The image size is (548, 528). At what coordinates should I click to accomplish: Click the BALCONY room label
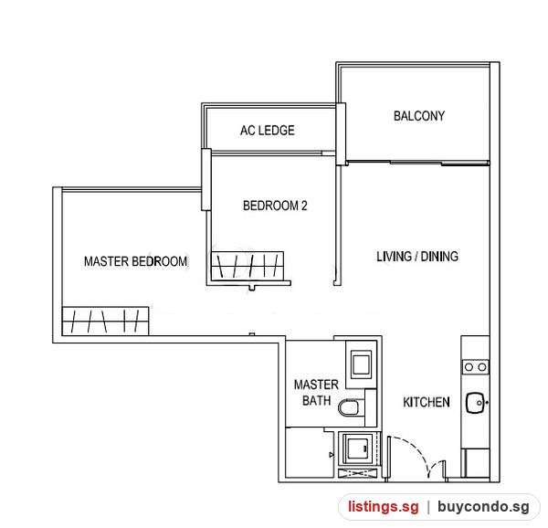(x=419, y=116)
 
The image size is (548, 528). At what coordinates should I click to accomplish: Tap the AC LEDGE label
(x=268, y=131)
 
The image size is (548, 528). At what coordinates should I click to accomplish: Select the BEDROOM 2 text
(x=275, y=206)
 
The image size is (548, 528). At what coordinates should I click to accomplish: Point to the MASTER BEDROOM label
(x=135, y=261)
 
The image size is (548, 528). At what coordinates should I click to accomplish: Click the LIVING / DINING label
(x=417, y=257)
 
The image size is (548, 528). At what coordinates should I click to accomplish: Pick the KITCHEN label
(x=427, y=402)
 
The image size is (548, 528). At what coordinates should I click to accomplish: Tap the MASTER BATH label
(x=316, y=393)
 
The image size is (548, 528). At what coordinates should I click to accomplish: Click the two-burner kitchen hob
(x=476, y=367)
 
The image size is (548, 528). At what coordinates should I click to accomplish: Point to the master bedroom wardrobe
(x=106, y=321)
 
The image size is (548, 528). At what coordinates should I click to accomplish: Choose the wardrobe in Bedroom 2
(x=248, y=265)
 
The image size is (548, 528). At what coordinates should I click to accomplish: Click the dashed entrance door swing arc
(x=413, y=449)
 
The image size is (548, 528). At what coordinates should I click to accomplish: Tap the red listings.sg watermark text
(x=384, y=506)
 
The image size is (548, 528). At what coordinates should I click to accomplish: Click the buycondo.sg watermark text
(x=484, y=506)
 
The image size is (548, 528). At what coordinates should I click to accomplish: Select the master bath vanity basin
(x=362, y=365)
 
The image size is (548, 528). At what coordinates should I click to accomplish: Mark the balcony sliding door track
(x=418, y=163)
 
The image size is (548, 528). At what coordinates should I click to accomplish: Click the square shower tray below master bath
(x=357, y=449)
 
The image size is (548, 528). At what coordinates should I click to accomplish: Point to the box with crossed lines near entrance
(x=358, y=473)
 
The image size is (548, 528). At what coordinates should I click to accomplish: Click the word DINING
(x=439, y=257)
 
